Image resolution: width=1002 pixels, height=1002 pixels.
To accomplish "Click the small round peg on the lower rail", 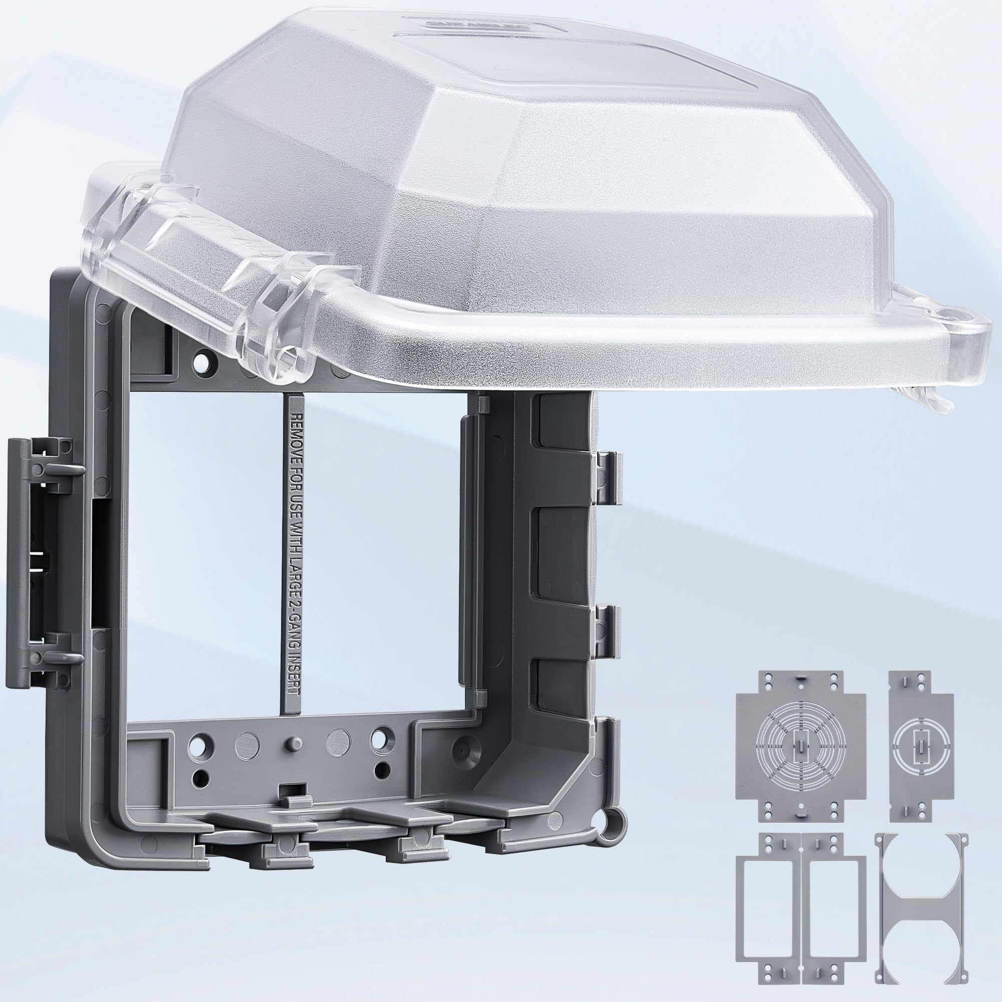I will (292, 742).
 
